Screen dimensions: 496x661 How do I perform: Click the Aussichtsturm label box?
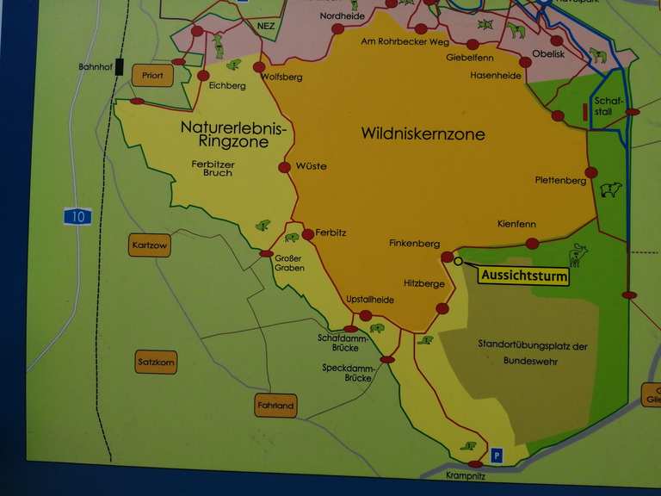click(x=524, y=276)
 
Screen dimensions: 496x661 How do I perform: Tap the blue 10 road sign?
click(x=77, y=216)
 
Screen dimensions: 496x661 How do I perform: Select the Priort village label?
click(x=152, y=76)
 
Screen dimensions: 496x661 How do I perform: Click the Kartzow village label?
click(x=149, y=245)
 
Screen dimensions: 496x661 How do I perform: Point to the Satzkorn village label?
click(x=156, y=363)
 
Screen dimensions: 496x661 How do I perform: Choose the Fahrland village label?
click(x=275, y=406)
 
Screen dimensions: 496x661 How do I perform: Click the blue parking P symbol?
click(x=497, y=455)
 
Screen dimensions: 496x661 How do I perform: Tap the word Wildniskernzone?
click(x=423, y=133)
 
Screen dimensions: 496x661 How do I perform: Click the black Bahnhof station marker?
click(x=120, y=66)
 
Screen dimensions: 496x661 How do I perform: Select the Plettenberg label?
click(x=559, y=180)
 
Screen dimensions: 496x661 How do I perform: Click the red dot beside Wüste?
click(x=285, y=167)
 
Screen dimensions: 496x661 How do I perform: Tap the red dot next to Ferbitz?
click(x=308, y=233)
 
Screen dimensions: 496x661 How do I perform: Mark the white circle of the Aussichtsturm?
click(x=459, y=261)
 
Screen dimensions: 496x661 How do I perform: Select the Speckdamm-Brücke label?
click(x=346, y=373)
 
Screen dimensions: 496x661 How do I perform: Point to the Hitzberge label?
click(x=423, y=283)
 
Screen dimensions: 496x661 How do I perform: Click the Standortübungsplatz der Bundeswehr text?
click(x=532, y=353)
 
